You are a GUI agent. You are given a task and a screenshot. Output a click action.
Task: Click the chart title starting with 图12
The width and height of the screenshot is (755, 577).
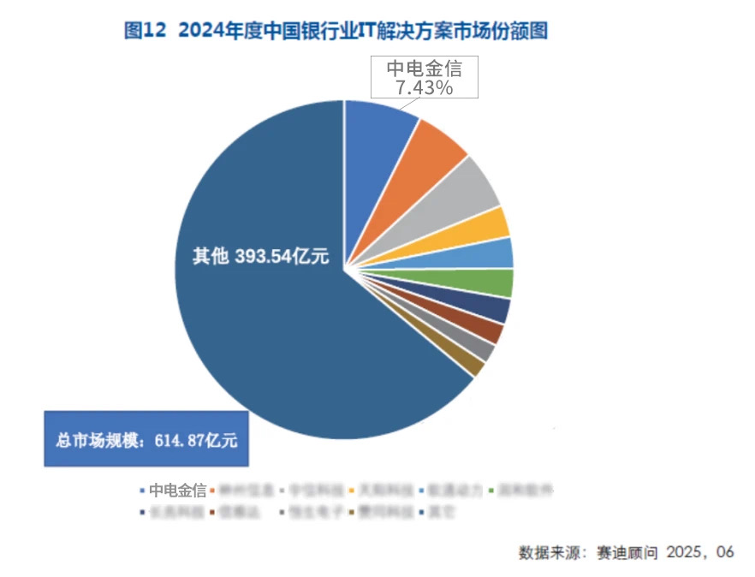pos(336,32)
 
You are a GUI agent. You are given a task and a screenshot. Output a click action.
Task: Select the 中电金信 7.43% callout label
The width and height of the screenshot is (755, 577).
pos(423,78)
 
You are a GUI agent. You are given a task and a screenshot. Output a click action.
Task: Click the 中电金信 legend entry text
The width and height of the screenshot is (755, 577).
pos(177,491)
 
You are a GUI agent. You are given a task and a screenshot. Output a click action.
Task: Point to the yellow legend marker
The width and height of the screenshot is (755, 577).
pos(353,491)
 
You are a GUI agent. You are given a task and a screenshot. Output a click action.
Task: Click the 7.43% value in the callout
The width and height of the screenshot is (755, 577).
pos(424,87)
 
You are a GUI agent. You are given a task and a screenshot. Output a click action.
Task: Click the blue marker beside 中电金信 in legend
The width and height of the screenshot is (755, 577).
pos(141,491)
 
